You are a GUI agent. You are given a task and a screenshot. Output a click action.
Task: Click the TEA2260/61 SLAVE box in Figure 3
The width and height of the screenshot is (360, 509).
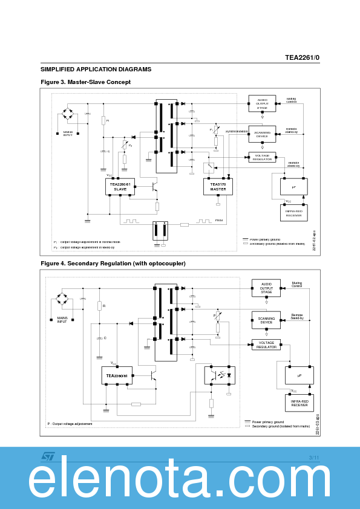point(120,186)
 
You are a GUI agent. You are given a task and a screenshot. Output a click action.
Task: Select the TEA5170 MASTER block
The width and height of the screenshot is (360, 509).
point(218,186)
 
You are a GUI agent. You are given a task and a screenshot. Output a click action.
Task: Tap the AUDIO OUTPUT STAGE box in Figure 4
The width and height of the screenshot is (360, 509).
point(266,288)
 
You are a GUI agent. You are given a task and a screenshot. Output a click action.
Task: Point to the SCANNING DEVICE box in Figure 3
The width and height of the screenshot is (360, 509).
point(262,134)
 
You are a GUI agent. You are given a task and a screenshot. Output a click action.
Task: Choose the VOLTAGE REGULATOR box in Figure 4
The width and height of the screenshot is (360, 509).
point(266,345)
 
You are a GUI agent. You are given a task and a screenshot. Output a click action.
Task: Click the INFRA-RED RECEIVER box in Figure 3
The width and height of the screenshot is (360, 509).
point(294,213)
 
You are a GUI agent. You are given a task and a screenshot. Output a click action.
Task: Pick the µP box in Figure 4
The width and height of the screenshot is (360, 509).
point(299,375)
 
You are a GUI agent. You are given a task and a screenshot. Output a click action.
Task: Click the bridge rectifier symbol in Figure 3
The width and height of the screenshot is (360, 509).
point(68,113)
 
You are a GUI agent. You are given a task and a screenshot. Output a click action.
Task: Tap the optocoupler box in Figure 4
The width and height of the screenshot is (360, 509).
point(220,375)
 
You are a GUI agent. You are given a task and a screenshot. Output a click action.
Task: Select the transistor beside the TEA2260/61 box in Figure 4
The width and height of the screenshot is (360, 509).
point(153,375)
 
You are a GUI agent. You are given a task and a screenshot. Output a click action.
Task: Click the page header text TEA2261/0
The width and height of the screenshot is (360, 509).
point(302,57)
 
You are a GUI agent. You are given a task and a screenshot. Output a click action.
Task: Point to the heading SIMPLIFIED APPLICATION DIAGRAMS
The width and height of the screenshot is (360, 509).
point(96,70)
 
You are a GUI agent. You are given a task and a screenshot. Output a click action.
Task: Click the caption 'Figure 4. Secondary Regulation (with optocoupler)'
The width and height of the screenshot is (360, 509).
point(113,264)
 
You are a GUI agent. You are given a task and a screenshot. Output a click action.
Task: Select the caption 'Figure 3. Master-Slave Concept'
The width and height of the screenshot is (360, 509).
point(85,82)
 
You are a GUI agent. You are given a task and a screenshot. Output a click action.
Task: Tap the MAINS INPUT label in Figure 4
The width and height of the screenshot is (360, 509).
point(62,320)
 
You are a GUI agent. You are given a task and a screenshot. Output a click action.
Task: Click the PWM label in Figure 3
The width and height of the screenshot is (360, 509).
point(219,221)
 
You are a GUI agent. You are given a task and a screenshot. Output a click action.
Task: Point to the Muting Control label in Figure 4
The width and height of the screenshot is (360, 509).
point(296,285)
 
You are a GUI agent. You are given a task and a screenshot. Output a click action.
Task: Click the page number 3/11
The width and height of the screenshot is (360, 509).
point(313,457)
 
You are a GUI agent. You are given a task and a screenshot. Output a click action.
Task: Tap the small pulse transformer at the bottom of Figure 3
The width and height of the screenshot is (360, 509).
point(160,230)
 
